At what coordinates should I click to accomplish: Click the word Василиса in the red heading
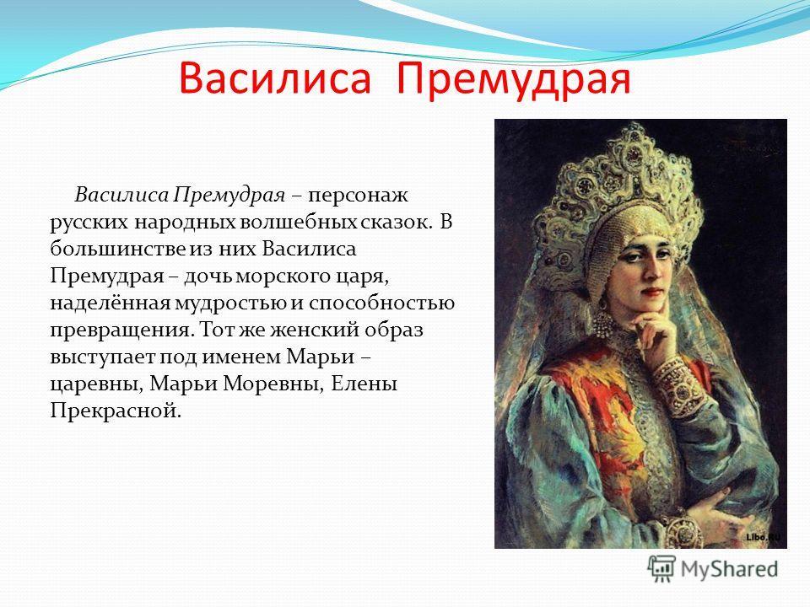pos(275,78)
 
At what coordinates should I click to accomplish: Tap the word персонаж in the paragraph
pos(359,196)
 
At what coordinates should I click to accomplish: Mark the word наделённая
pos(110,303)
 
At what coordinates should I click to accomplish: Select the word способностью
pos(381,304)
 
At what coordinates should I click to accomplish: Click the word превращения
pos(121,330)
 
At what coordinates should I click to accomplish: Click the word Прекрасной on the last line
pos(116,411)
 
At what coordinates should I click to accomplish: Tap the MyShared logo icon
pos(661,568)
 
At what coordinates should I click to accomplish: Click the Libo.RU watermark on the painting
pos(764,538)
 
